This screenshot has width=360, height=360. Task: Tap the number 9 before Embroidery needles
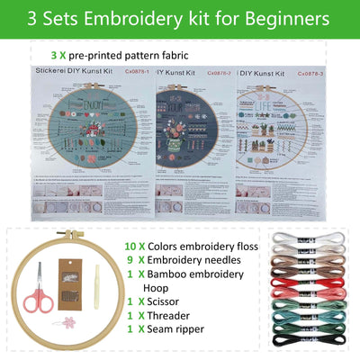[x=130, y=262]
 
